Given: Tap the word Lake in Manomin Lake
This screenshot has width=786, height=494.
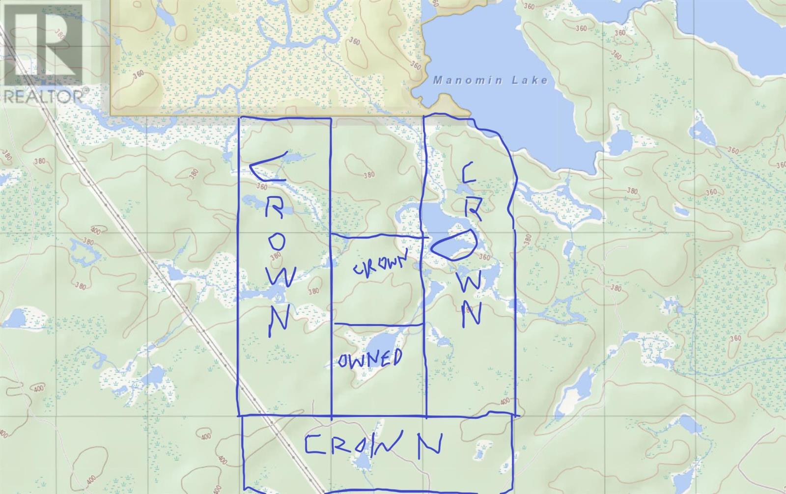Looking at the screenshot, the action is (x=529, y=80).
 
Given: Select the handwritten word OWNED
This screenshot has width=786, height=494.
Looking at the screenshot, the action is (x=370, y=359).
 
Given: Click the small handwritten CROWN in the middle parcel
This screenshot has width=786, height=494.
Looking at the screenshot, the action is (x=381, y=265).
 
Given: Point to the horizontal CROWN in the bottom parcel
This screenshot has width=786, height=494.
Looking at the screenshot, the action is (x=373, y=445).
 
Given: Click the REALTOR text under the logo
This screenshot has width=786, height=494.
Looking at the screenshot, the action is (x=44, y=96).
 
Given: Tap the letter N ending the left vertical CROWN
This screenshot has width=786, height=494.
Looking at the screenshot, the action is (x=279, y=320).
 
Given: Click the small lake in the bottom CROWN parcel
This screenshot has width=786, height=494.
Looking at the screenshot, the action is (x=361, y=461).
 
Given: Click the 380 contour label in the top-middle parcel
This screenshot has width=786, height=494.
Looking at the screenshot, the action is (x=369, y=175).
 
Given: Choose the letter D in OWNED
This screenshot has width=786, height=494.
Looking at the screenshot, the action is (x=394, y=357).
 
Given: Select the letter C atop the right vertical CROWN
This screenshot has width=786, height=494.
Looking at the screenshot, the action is (x=468, y=174).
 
